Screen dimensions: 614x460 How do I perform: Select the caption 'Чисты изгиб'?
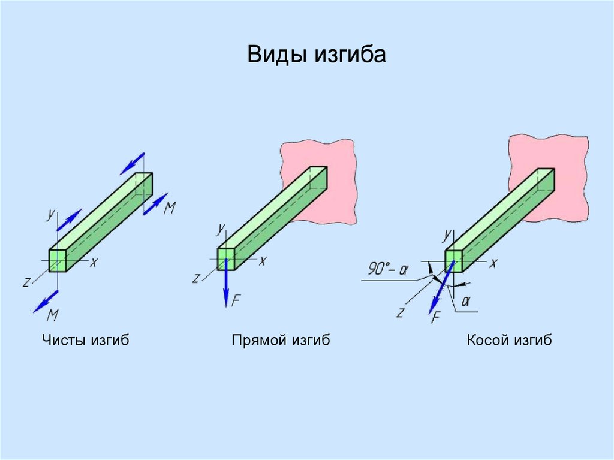pos(86,341)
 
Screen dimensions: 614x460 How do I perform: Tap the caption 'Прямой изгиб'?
pos(281,341)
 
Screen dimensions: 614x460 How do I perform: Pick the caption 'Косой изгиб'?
pos(509,341)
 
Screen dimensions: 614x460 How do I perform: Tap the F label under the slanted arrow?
pos(436,317)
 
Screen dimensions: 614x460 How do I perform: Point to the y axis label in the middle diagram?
pos(221,228)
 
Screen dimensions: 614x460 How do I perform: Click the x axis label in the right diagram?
pos(493,263)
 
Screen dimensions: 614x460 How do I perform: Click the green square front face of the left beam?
pos(57,260)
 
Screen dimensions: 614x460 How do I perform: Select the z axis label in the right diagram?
pos(399,312)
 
